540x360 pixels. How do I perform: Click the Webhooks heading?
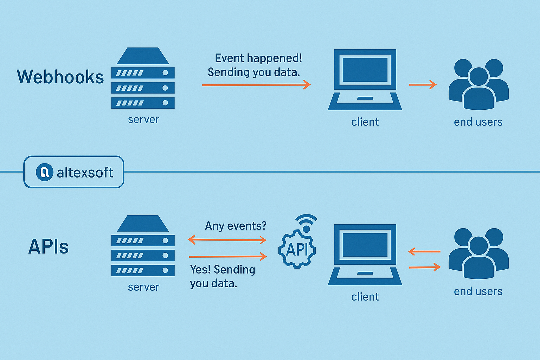tap(60, 77)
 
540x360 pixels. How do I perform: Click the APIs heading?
tap(49, 246)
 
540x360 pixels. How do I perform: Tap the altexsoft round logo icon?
tap(45, 172)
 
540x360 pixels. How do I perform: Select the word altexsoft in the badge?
tap(85, 172)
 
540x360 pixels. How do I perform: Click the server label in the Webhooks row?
tap(143, 120)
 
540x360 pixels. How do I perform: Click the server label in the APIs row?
tap(143, 287)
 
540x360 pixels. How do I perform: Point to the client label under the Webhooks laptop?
tap(365, 122)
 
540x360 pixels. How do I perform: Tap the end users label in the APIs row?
tap(478, 291)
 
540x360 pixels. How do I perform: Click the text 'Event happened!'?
tap(258, 58)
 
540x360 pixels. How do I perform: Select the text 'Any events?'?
tap(236, 226)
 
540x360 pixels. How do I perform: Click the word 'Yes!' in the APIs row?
tap(199, 269)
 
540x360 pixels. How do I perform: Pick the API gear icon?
tap(297, 249)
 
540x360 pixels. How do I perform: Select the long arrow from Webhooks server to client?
tap(256, 85)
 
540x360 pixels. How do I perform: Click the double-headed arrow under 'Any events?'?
tap(227, 240)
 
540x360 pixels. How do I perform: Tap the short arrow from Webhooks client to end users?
tap(423, 85)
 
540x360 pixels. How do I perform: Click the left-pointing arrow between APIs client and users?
tap(424, 252)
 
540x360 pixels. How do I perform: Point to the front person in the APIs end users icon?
tap(479, 258)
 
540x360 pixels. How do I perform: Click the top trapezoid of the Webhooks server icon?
tap(143, 56)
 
